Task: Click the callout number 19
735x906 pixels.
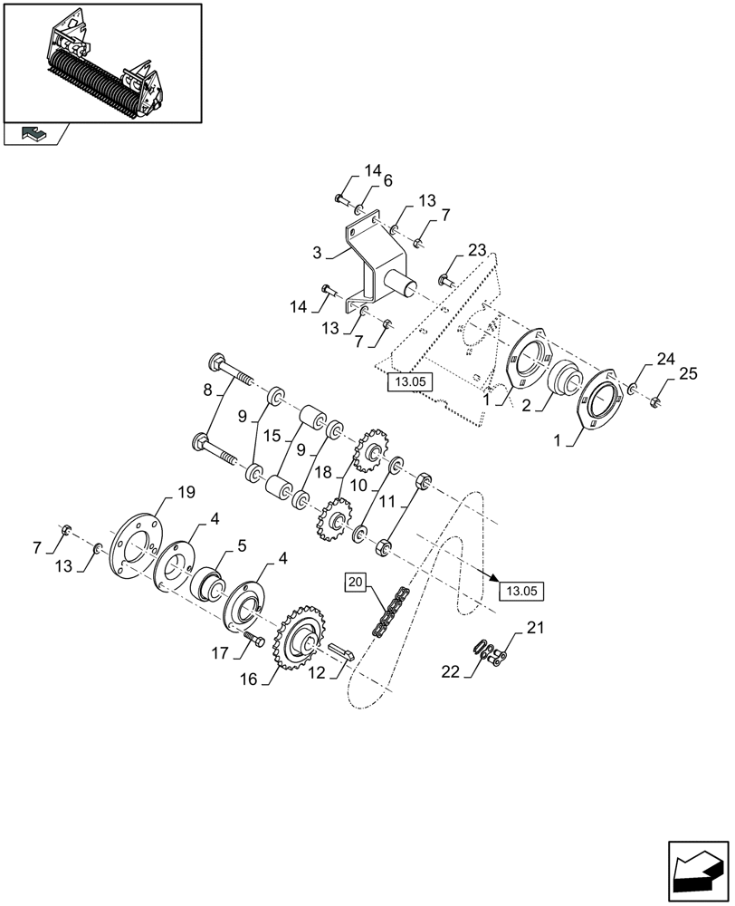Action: pos(186,493)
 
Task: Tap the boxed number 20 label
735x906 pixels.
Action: pos(354,582)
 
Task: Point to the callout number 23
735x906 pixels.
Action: pos(477,251)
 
